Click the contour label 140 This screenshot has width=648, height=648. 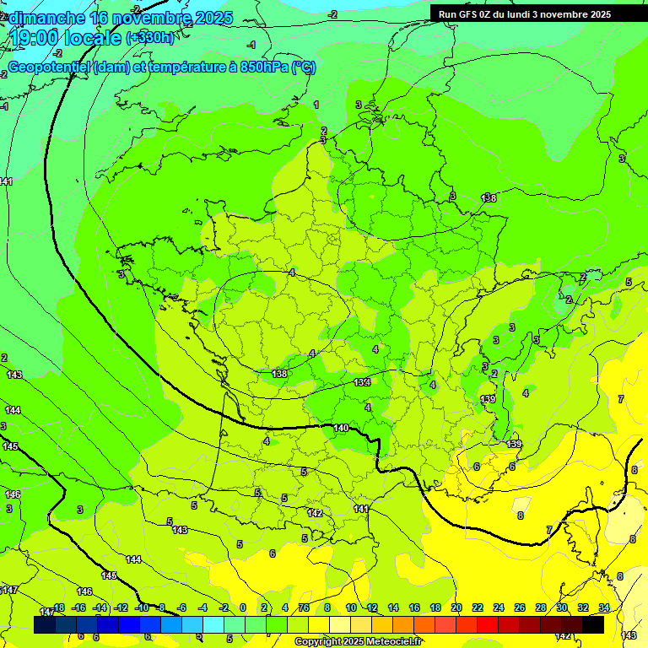(341, 429)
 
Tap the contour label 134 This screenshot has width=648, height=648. (362, 383)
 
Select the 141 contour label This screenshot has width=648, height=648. (360, 509)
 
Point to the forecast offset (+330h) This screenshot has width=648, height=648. (150, 38)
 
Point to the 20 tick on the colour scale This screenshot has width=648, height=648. (456, 607)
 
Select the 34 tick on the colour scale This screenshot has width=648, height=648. (604, 607)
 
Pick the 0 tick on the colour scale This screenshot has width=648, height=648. (243, 607)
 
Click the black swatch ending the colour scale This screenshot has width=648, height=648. (593, 624)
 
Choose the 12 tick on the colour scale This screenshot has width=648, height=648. (372, 607)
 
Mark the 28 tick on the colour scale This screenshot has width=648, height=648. (540, 607)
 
